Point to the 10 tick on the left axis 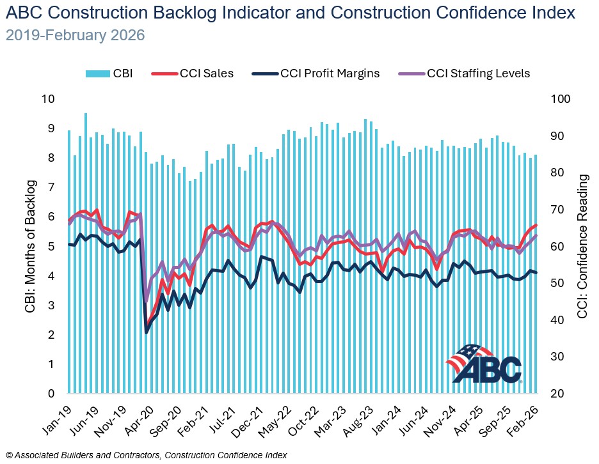click(x=47, y=99)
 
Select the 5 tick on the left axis click(x=51, y=247)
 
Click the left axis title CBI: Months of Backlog click(x=30, y=247)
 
